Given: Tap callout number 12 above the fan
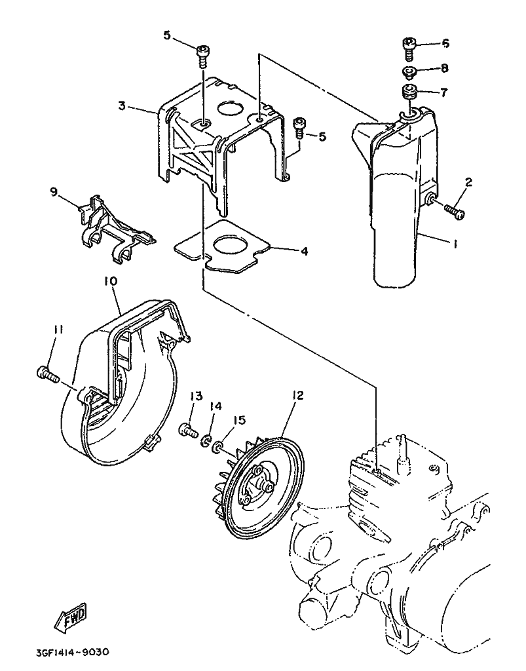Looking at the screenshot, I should pyautogui.click(x=299, y=395).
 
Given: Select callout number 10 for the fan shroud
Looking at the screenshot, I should pyautogui.click(x=111, y=280).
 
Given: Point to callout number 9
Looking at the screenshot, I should pyautogui.click(x=54, y=191).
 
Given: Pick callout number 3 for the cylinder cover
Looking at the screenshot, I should pyautogui.click(x=122, y=105).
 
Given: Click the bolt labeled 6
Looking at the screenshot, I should pyautogui.click(x=409, y=45).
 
